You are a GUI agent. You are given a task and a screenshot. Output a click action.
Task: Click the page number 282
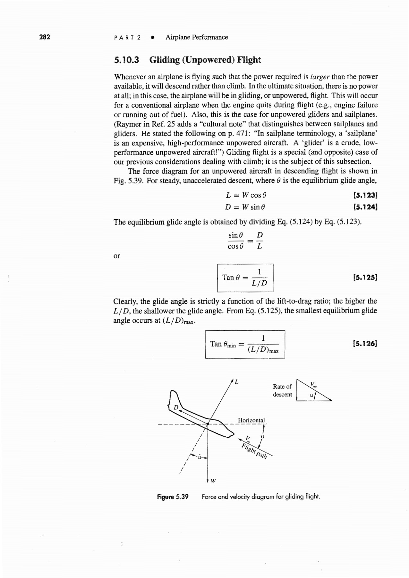point(45,37)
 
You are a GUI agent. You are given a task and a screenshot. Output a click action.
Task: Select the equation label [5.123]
point(365,195)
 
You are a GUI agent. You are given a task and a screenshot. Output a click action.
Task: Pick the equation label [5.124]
point(365,207)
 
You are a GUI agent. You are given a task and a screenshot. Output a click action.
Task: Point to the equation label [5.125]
point(365,277)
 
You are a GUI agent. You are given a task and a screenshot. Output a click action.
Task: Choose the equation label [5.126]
point(365,344)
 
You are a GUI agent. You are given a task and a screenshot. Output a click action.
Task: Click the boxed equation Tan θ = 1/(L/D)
point(245,278)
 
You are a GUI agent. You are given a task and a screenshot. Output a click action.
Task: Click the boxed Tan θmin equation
point(245,344)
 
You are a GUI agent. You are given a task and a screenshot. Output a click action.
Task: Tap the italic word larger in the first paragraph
point(320,77)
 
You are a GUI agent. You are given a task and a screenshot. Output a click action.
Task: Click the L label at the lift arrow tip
point(236,382)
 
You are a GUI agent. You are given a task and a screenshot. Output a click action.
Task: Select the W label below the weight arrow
point(214,481)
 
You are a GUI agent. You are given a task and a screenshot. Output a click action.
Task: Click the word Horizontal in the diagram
point(251,420)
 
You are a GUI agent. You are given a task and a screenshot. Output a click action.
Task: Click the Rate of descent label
point(282,390)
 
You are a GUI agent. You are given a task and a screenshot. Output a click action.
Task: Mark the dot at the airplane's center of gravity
point(208,424)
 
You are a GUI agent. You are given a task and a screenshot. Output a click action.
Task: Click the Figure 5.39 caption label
point(173,497)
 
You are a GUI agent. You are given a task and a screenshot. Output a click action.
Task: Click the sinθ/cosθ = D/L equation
point(245,241)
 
